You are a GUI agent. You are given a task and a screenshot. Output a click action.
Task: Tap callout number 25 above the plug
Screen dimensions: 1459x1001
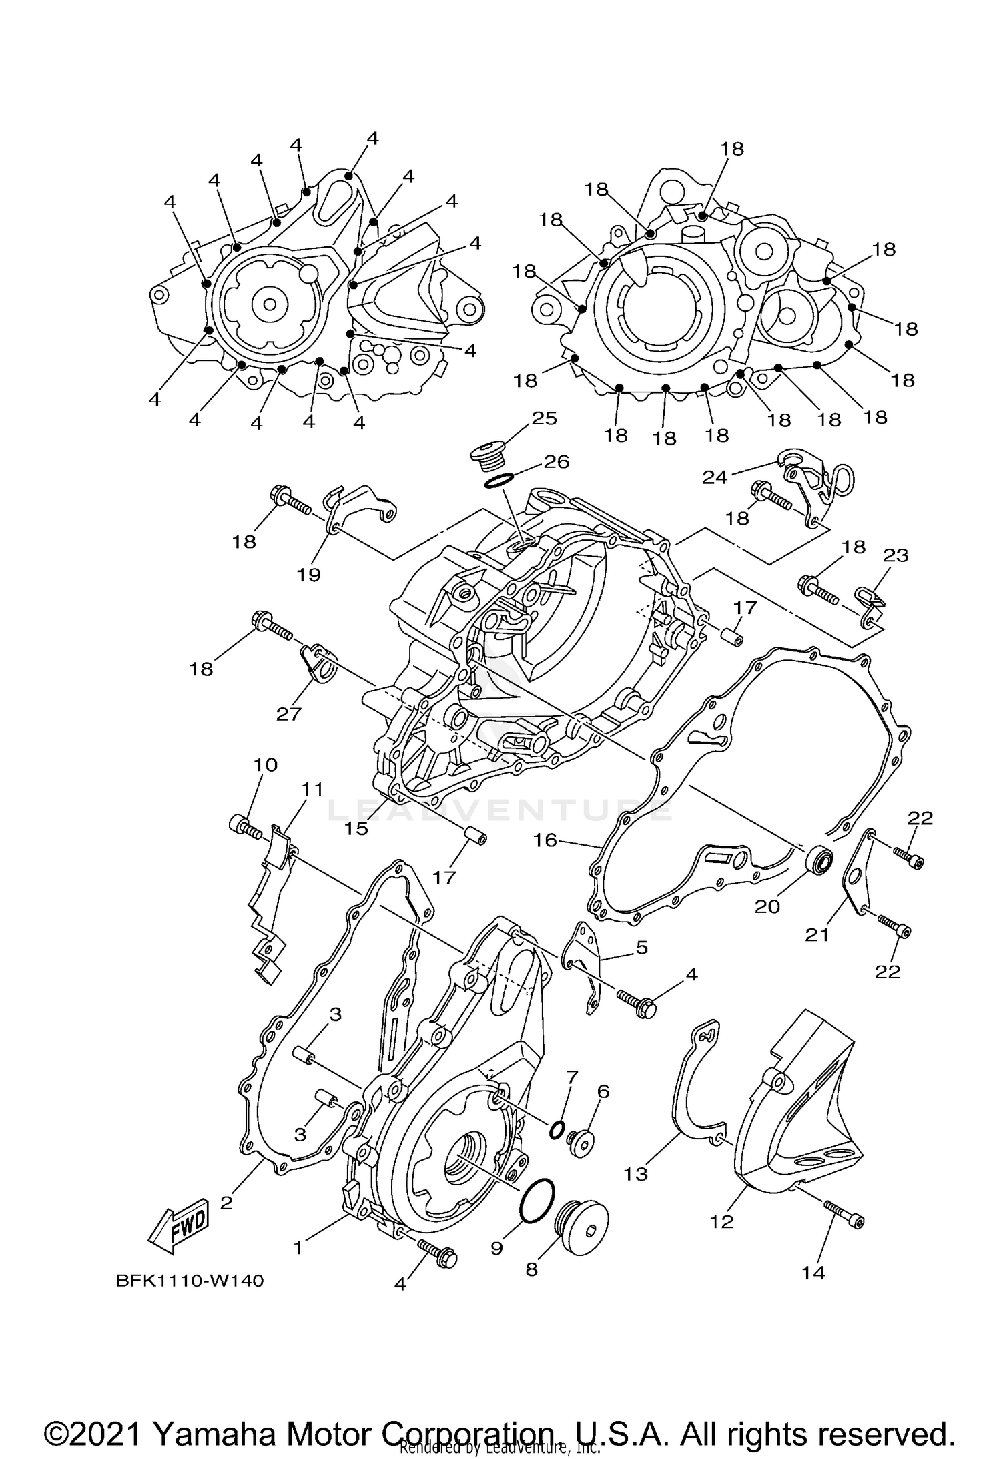coord(544,418)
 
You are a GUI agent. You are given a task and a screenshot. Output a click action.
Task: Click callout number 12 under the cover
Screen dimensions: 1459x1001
coord(722,1221)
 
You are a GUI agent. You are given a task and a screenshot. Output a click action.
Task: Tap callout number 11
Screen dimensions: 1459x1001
coord(312,789)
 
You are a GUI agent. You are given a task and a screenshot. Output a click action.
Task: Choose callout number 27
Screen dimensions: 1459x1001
coord(289,714)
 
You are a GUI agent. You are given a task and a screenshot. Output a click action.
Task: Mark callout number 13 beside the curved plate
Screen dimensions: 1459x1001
coord(635,1174)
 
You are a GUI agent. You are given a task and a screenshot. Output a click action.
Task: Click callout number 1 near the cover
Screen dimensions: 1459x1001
coord(298,1247)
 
